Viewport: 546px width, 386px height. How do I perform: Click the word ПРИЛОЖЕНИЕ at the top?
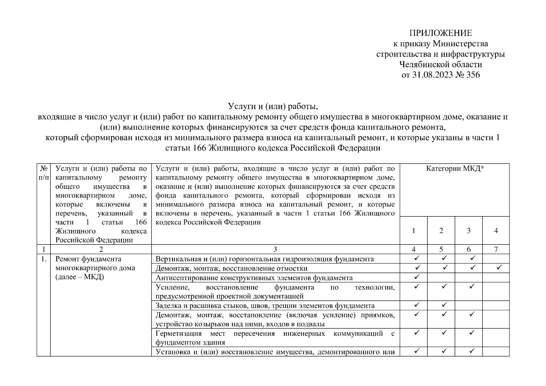(441, 33)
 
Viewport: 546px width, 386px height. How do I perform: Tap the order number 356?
(472, 75)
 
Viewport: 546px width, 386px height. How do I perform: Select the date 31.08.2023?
(432, 75)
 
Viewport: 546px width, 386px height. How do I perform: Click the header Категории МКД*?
(455, 169)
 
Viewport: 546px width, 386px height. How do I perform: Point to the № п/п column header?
(44, 173)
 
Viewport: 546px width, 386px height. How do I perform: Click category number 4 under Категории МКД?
(496, 231)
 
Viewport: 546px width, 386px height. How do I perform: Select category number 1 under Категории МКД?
(414, 231)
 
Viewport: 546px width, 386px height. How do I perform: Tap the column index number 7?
(496, 249)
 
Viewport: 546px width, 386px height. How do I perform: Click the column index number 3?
(275, 249)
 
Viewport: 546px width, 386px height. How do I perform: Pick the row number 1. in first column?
(44, 259)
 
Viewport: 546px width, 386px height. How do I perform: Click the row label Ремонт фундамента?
(88, 259)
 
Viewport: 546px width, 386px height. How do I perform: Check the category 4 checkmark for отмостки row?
(499, 268)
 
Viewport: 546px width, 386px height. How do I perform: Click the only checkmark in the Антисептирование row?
(417, 277)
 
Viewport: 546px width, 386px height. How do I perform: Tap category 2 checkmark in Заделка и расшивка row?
(444, 305)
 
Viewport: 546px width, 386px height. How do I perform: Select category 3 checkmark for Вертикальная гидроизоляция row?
(472, 258)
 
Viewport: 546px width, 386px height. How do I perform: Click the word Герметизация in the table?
(178, 334)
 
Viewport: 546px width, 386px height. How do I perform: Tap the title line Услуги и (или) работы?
(273, 106)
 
